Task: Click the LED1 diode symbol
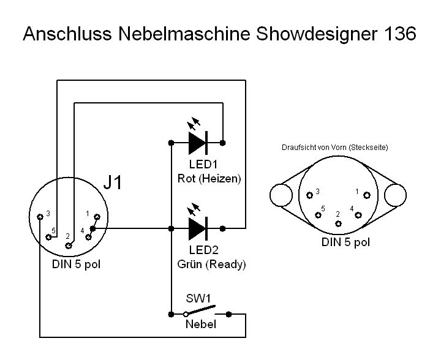[197, 142]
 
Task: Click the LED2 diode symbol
[197, 228]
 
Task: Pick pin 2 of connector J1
[69, 245]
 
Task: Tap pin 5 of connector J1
[48, 238]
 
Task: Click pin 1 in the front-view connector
[366, 195]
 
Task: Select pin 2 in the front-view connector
[338, 222]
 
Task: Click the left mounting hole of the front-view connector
[282, 195]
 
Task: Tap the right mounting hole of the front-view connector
[395, 195]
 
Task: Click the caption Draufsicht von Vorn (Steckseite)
[335, 148]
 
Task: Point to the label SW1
[198, 300]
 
